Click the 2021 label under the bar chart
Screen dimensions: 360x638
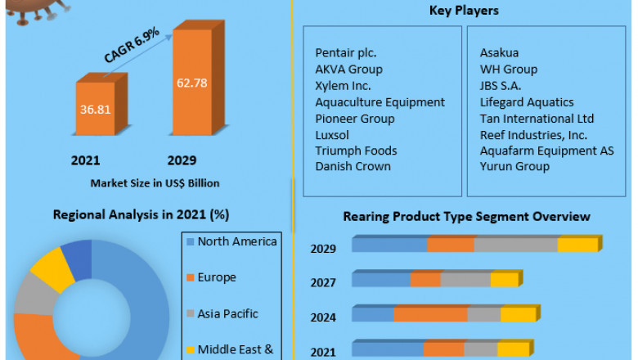click(x=86, y=160)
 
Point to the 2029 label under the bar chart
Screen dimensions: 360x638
click(x=182, y=160)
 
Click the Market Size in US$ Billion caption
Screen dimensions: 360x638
click(x=155, y=182)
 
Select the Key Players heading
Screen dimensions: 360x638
click(x=464, y=11)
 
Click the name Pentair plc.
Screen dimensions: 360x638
click(x=344, y=53)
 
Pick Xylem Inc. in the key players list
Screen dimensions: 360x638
click(x=343, y=85)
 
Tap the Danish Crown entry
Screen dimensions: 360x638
click(x=353, y=166)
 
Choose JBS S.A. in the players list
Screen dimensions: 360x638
click(x=504, y=85)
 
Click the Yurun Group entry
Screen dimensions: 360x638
click(x=514, y=166)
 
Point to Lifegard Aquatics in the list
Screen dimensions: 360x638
click(x=526, y=102)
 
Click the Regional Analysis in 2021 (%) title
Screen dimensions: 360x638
click(x=141, y=214)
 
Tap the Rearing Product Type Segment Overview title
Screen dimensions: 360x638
click(x=466, y=216)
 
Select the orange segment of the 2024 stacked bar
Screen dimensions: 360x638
click(x=430, y=315)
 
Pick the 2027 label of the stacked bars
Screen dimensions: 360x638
click(x=323, y=282)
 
